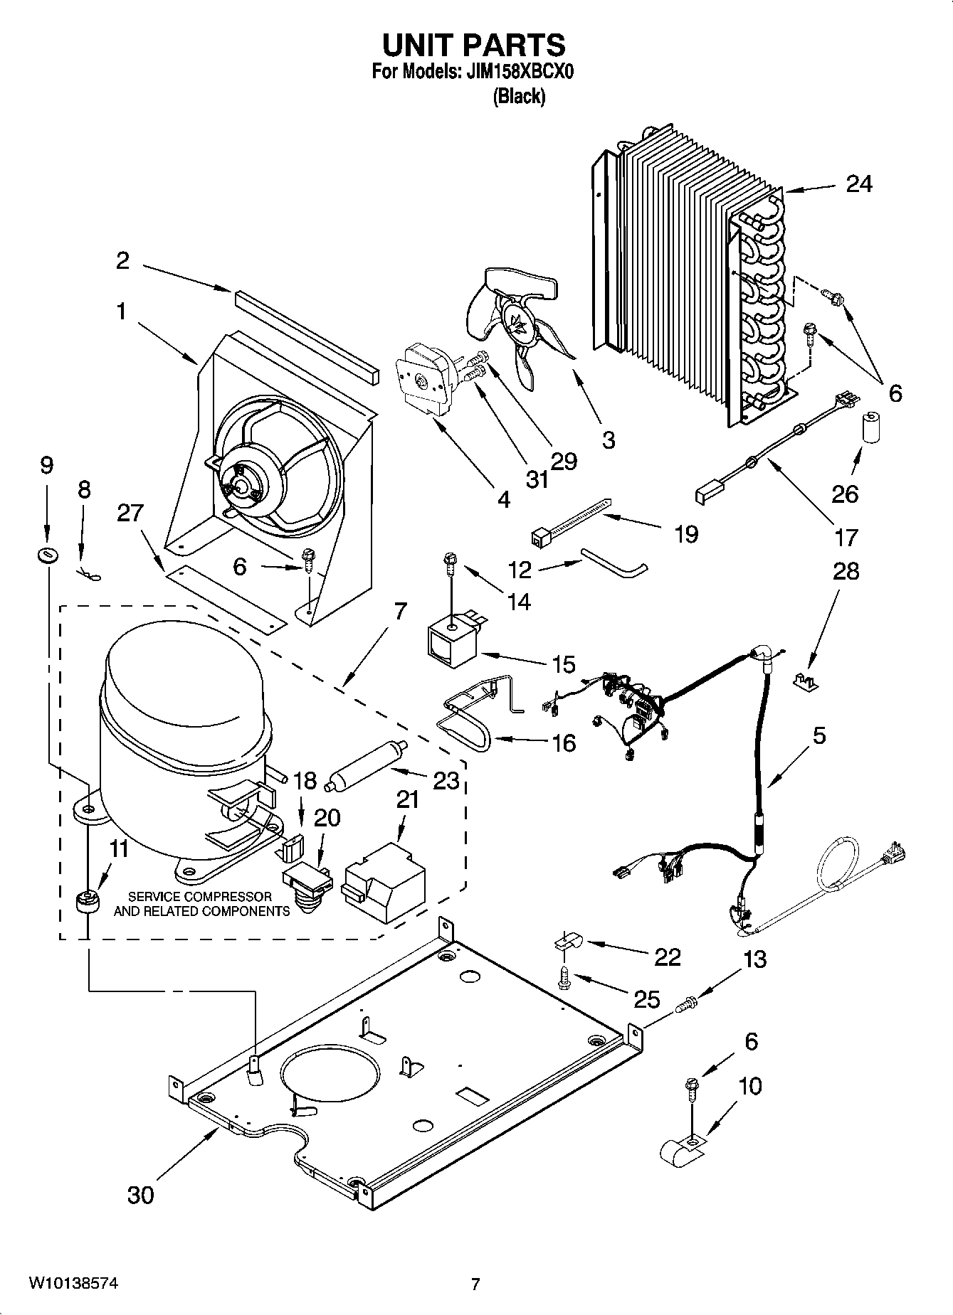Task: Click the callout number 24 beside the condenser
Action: click(x=858, y=184)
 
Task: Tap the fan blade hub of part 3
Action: click(x=516, y=321)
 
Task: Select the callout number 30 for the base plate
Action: click(x=140, y=1195)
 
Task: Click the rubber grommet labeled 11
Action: click(x=87, y=902)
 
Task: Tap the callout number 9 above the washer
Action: click(x=46, y=466)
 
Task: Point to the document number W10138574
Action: click(x=74, y=1284)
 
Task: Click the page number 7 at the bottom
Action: click(x=475, y=1284)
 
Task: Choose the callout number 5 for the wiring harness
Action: click(x=818, y=735)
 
